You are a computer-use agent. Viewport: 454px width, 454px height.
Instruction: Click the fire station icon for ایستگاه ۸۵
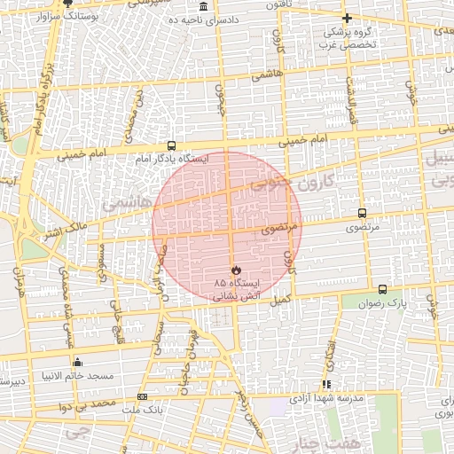click(236, 269)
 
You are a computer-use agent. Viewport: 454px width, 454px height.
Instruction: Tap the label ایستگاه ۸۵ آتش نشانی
click(232, 287)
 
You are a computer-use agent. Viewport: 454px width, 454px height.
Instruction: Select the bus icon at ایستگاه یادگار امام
click(171, 145)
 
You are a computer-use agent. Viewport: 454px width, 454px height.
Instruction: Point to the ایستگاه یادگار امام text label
click(172, 160)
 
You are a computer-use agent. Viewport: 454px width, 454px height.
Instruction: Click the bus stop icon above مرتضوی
click(362, 213)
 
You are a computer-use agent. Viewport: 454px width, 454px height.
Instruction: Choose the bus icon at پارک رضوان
click(382, 289)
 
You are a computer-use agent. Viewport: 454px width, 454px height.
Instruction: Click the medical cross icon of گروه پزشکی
click(347, 18)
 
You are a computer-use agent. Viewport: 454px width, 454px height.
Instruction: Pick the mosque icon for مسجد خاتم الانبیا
click(77, 362)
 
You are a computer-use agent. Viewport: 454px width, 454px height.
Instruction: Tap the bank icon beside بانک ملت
click(142, 396)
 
